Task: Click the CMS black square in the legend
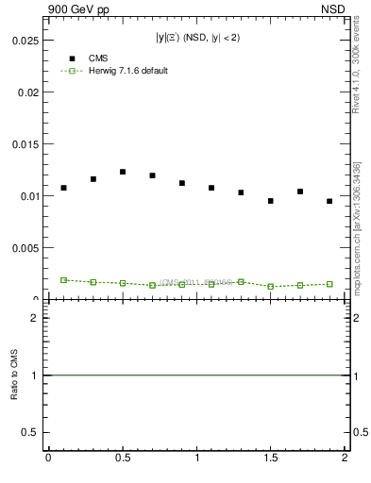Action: click(x=72, y=58)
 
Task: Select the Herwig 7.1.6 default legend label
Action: click(x=128, y=71)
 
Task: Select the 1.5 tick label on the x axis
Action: click(x=271, y=458)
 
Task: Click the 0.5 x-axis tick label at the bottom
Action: click(x=123, y=458)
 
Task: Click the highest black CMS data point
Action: click(x=123, y=172)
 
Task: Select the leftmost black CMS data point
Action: click(x=63, y=188)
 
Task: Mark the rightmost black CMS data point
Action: click(x=329, y=201)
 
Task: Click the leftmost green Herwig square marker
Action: click(x=63, y=280)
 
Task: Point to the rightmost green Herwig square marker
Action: click(x=329, y=284)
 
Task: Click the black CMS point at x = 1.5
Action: click(x=270, y=201)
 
